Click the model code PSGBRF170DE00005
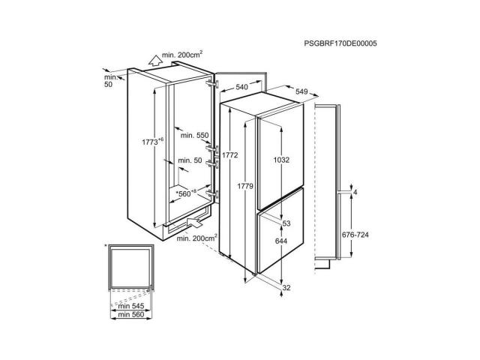coord(340,43)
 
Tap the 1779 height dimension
coord(245,186)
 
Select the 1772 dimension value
coord(230,155)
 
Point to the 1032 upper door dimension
coord(281,160)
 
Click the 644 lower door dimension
coord(281,241)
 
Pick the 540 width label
coord(241,87)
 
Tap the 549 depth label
coord(301,91)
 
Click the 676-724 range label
coord(355,235)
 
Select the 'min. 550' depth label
coord(194,135)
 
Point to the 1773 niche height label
coord(153,142)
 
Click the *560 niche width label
coord(186,193)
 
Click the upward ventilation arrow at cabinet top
coord(155,60)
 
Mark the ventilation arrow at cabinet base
coord(194,223)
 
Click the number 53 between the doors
coord(286,223)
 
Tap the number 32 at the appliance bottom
coord(286,288)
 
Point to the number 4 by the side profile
coord(355,193)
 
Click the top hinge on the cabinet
coord(212,84)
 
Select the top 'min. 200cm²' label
coord(182,55)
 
